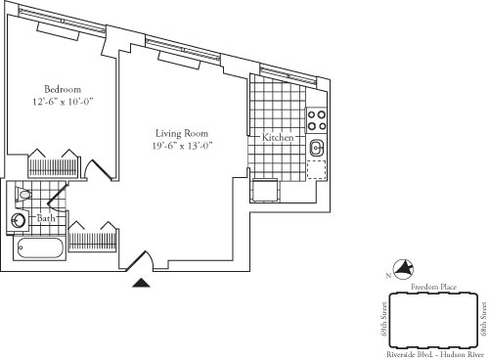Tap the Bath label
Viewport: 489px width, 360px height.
point(47,219)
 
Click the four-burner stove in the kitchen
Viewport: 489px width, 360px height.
point(318,120)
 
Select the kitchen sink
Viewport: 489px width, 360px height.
point(318,150)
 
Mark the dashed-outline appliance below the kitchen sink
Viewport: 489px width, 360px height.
point(317,170)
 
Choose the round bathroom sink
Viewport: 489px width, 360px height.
point(19,221)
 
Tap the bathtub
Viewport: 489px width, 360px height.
point(40,247)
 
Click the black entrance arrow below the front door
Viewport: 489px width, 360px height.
point(142,283)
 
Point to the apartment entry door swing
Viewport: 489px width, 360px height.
point(143,258)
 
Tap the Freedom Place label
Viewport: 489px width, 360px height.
point(430,288)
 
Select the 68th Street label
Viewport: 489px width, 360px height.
point(483,318)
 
